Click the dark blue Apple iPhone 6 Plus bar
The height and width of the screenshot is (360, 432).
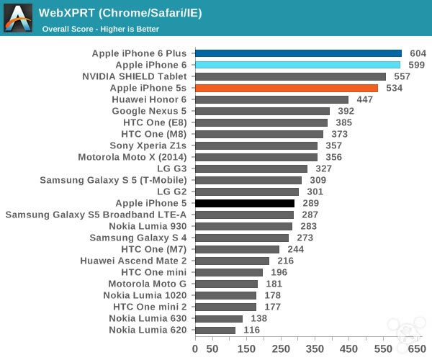point(298,53)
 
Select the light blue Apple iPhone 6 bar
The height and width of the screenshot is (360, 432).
point(297,65)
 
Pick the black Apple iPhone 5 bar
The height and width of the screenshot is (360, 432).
point(244,203)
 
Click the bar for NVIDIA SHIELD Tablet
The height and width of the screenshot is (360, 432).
point(290,76)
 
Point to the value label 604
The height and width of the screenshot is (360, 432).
point(418,53)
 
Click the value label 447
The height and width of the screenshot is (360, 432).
point(365,99)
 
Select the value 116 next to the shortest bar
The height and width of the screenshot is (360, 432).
point(252,330)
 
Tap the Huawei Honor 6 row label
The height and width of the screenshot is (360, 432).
point(148,99)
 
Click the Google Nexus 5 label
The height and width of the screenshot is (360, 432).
point(149,111)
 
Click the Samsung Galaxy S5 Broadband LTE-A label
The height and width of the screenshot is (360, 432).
point(96,215)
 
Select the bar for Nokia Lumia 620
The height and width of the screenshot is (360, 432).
point(215,330)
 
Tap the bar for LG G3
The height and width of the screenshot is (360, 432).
point(251,168)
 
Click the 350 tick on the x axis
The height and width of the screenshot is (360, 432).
point(315,348)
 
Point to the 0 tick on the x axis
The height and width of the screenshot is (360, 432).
point(195,348)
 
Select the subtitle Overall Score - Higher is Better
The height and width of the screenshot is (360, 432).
point(100,29)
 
